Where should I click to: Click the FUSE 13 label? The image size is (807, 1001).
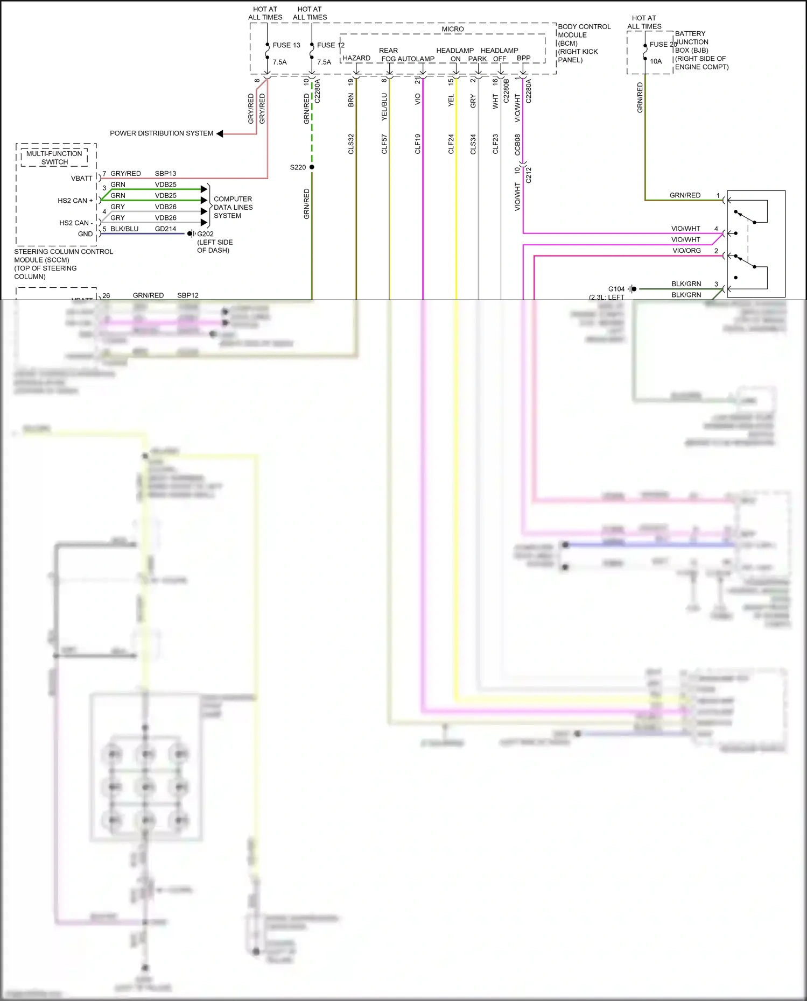point(286,45)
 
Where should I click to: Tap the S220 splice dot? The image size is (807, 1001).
point(312,167)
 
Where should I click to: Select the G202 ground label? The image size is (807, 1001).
point(205,234)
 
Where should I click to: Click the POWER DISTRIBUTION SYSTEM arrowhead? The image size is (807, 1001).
point(220,133)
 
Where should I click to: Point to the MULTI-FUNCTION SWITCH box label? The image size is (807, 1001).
point(54,158)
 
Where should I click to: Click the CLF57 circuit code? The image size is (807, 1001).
point(384,144)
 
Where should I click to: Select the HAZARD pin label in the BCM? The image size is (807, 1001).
point(356,58)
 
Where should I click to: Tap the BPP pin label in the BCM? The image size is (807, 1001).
point(523,58)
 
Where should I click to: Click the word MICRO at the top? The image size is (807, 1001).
point(452,29)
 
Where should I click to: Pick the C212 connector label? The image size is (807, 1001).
point(528,175)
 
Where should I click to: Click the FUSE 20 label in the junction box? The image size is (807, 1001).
point(663,44)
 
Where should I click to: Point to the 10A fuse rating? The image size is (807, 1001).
point(656,61)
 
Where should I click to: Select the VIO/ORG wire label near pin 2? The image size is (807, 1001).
point(686,251)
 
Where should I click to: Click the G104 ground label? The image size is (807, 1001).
point(616,289)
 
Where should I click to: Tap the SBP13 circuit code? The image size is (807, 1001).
point(165,173)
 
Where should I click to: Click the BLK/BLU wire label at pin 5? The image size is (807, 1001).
point(124,229)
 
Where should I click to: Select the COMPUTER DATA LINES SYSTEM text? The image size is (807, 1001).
point(233,207)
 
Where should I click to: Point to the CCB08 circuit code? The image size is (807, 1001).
point(517,144)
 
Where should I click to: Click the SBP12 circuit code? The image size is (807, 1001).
point(188,295)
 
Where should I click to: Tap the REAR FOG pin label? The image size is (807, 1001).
point(388,54)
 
